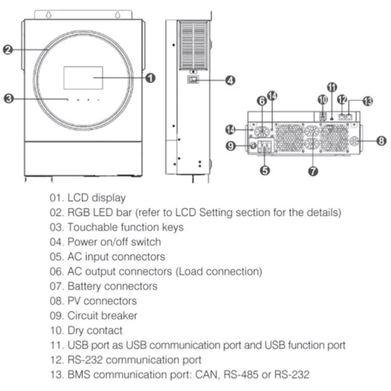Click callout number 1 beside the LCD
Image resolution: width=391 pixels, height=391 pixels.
point(150,78)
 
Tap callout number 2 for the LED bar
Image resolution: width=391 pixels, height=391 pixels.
point(8,49)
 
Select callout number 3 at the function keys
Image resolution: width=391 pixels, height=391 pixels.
point(9,99)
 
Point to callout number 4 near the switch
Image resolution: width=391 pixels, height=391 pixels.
point(230,81)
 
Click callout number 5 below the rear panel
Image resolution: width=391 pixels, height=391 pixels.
point(265,170)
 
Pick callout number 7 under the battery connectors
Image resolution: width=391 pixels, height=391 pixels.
point(313,171)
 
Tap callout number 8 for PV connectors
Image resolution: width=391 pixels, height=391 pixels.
point(382,141)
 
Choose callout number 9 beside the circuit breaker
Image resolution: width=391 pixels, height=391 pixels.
point(231,145)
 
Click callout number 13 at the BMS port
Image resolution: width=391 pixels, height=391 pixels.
point(368,101)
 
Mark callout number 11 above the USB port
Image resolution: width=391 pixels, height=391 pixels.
point(332,87)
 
